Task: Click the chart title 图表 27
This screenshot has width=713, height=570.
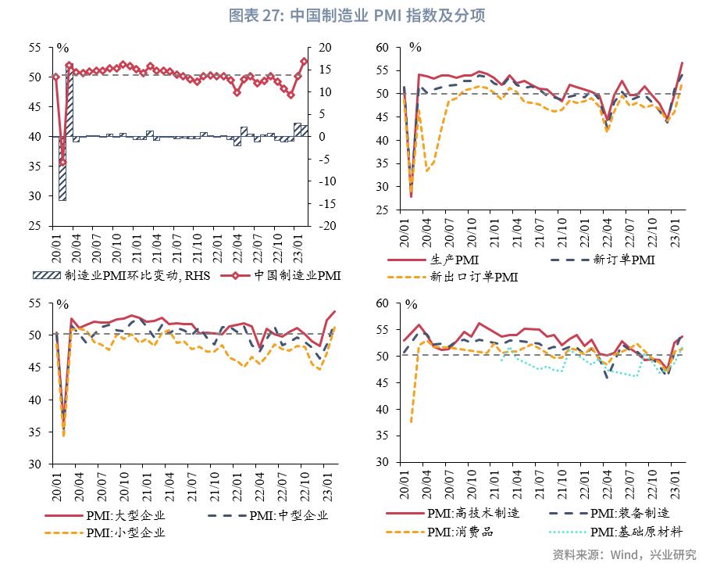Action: click(357, 15)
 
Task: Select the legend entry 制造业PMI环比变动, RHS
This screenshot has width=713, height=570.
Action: click(125, 275)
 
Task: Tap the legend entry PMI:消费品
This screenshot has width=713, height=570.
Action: click(460, 532)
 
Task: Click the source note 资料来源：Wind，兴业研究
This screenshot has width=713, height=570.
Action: click(624, 554)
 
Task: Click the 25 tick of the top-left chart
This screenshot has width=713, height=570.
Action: click(34, 226)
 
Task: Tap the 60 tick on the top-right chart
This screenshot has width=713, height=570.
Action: click(381, 48)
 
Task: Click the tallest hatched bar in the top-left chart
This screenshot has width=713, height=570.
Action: click(70, 101)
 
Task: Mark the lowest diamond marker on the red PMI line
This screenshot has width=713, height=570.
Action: click(62, 162)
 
